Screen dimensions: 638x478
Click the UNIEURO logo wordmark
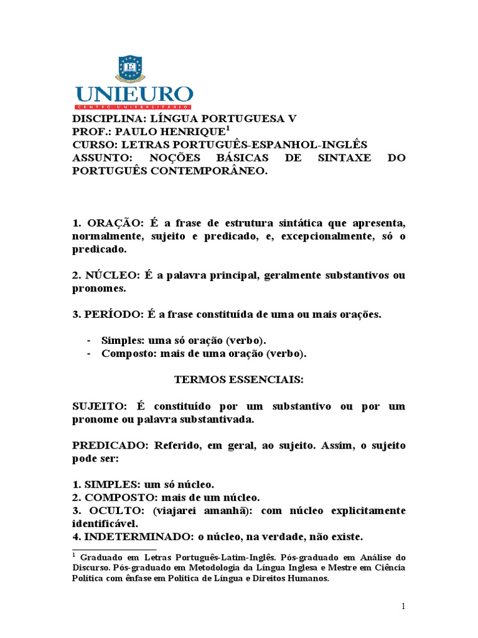(134, 95)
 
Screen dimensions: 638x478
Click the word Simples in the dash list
(121, 341)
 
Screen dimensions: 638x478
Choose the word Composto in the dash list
(126, 354)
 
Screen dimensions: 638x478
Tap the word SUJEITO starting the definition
(98, 406)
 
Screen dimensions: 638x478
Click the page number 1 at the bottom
(403, 606)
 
